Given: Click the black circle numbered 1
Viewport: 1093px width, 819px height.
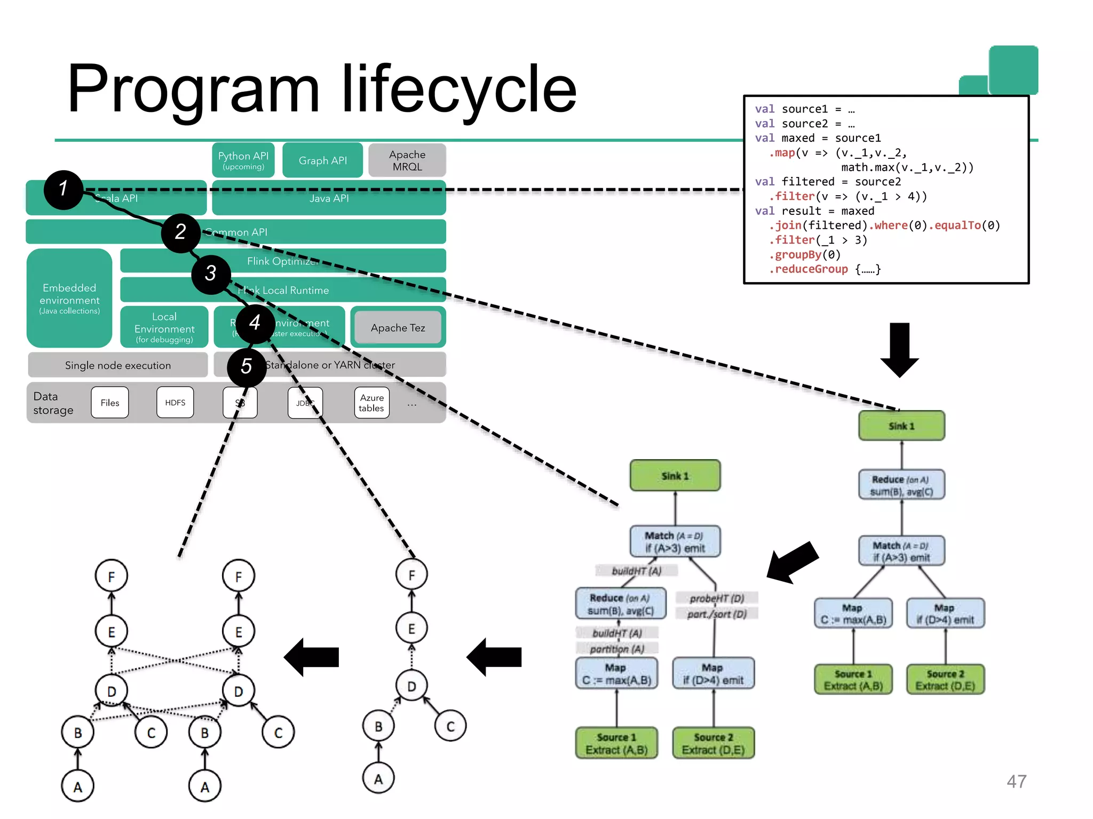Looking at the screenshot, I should point(64,190).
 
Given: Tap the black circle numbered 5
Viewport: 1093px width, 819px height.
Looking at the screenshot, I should point(247,367).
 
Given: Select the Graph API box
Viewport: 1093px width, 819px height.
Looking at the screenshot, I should point(322,160).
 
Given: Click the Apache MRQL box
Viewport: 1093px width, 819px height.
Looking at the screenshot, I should point(407,160).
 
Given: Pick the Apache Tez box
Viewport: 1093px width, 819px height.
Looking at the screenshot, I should point(398,328).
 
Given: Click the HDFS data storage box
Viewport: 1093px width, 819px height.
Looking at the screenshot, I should point(175,403).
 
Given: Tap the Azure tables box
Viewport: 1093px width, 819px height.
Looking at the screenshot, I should point(371,403).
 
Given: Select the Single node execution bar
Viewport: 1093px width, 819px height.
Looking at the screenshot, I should point(118,365).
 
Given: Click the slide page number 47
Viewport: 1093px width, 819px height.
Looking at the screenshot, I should point(1016,782).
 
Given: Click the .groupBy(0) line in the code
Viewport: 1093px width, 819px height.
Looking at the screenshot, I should point(805,255).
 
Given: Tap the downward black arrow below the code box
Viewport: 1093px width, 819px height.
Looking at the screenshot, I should point(900,349).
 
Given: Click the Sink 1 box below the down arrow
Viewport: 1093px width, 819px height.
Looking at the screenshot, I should point(901,426).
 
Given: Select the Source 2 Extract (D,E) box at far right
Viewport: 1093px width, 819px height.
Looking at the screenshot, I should point(945,680).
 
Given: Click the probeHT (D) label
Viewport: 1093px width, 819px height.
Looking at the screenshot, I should point(716,598).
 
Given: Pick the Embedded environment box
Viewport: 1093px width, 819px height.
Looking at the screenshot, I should point(69,299).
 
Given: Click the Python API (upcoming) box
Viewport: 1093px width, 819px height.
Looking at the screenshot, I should point(243,160).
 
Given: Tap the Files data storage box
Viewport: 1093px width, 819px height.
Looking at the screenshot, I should point(110,403).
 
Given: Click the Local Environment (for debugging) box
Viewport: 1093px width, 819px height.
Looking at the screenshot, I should point(164,327).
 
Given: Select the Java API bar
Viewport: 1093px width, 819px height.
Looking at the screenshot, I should point(329,198).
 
